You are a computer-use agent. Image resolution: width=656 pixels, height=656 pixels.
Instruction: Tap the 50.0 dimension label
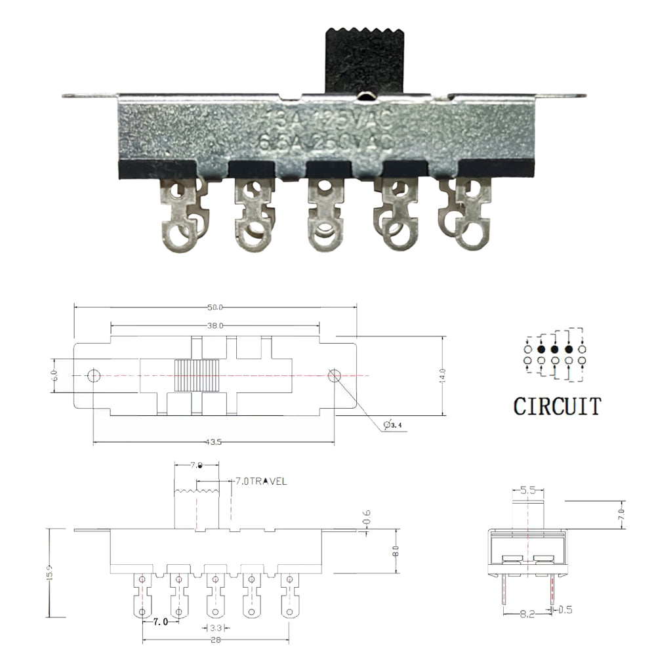pyautogui.click(x=215, y=307)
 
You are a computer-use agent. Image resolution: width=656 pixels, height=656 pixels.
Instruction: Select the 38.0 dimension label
pyautogui.click(x=215, y=325)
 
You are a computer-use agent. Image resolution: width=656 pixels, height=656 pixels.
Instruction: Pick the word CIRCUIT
pyautogui.click(x=556, y=406)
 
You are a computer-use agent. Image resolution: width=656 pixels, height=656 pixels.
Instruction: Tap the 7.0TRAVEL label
pyautogui.click(x=261, y=482)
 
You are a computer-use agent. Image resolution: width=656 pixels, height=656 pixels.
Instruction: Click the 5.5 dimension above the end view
pyautogui.click(x=527, y=489)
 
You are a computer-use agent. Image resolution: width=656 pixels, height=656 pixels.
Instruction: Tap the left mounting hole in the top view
pyautogui.click(x=94, y=375)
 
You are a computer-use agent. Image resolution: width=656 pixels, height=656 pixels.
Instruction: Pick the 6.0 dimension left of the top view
pyautogui.click(x=56, y=376)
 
